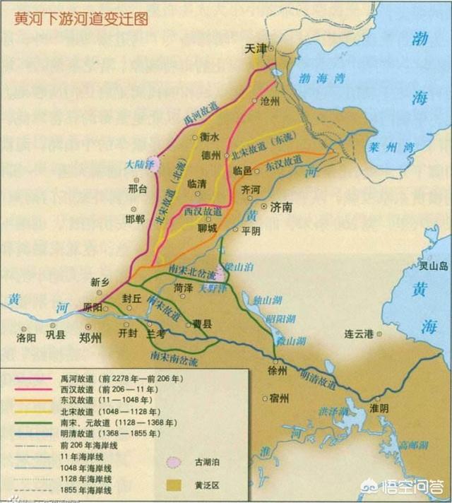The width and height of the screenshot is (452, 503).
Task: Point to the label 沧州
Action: pos(270,102)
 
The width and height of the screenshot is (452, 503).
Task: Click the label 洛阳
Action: pos(26,337)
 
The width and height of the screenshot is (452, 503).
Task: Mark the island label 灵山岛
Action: pos(434,266)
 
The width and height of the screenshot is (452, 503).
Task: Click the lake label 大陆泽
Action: pos(139,165)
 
